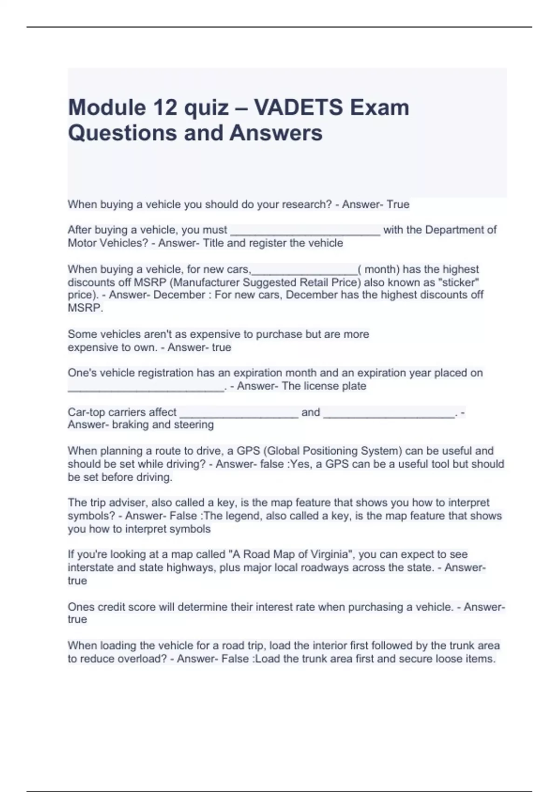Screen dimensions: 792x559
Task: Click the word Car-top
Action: click(86, 412)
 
